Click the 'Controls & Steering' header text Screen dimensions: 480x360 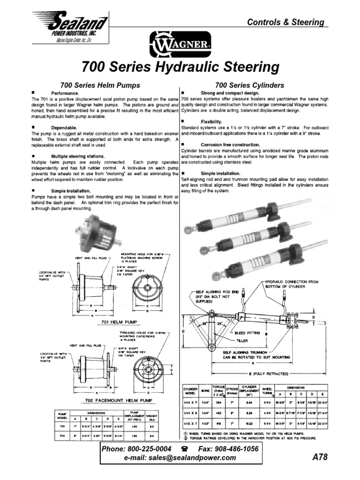coord(286,22)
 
